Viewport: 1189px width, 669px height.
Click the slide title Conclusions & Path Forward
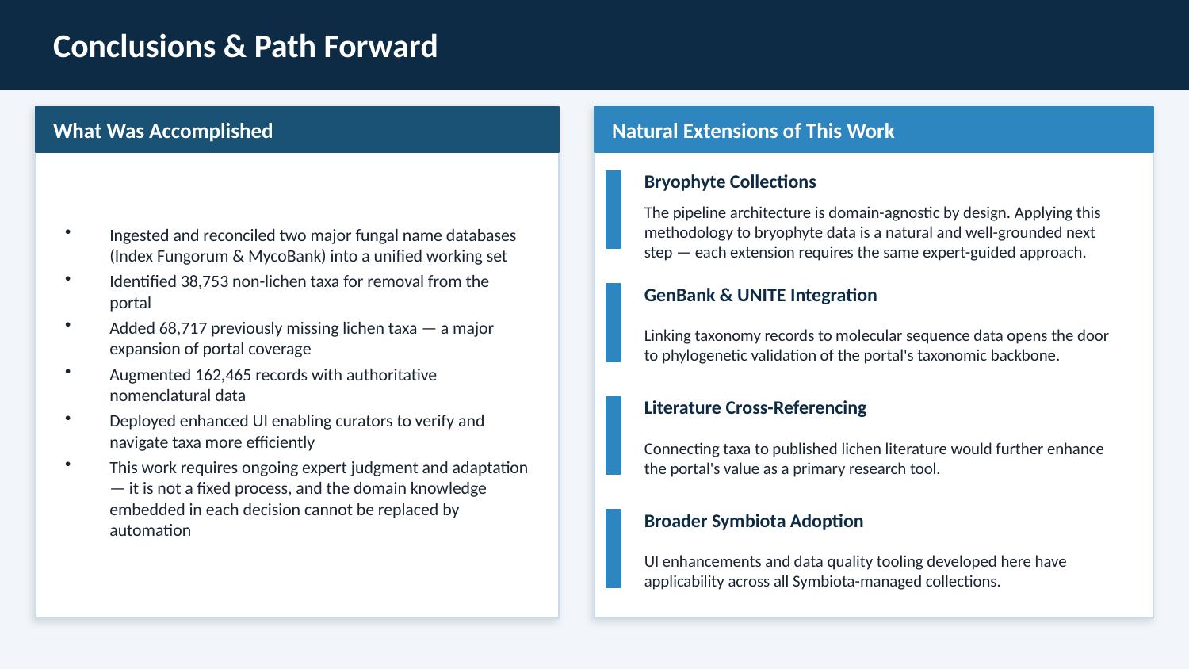click(245, 47)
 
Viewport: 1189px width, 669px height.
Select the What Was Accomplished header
click(162, 131)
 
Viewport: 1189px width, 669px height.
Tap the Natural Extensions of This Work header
click(752, 131)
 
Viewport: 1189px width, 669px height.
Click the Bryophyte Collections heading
click(729, 182)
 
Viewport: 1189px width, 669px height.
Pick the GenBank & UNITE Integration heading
click(760, 295)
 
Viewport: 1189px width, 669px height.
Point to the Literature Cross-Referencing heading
click(755, 407)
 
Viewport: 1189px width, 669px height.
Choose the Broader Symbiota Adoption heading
click(753, 521)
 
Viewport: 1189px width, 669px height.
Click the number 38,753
click(207, 281)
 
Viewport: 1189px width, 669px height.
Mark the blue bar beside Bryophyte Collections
click(614, 209)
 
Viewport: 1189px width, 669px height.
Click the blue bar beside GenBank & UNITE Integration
click(614, 323)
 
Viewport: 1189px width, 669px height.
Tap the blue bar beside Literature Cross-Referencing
click(614, 435)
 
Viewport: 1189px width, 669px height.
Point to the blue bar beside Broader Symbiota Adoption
click(614, 549)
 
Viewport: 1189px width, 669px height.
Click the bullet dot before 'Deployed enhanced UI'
click(68, 418)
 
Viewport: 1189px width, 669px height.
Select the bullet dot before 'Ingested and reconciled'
click(68, 232)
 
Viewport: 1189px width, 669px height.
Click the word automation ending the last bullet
click(150, 530)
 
